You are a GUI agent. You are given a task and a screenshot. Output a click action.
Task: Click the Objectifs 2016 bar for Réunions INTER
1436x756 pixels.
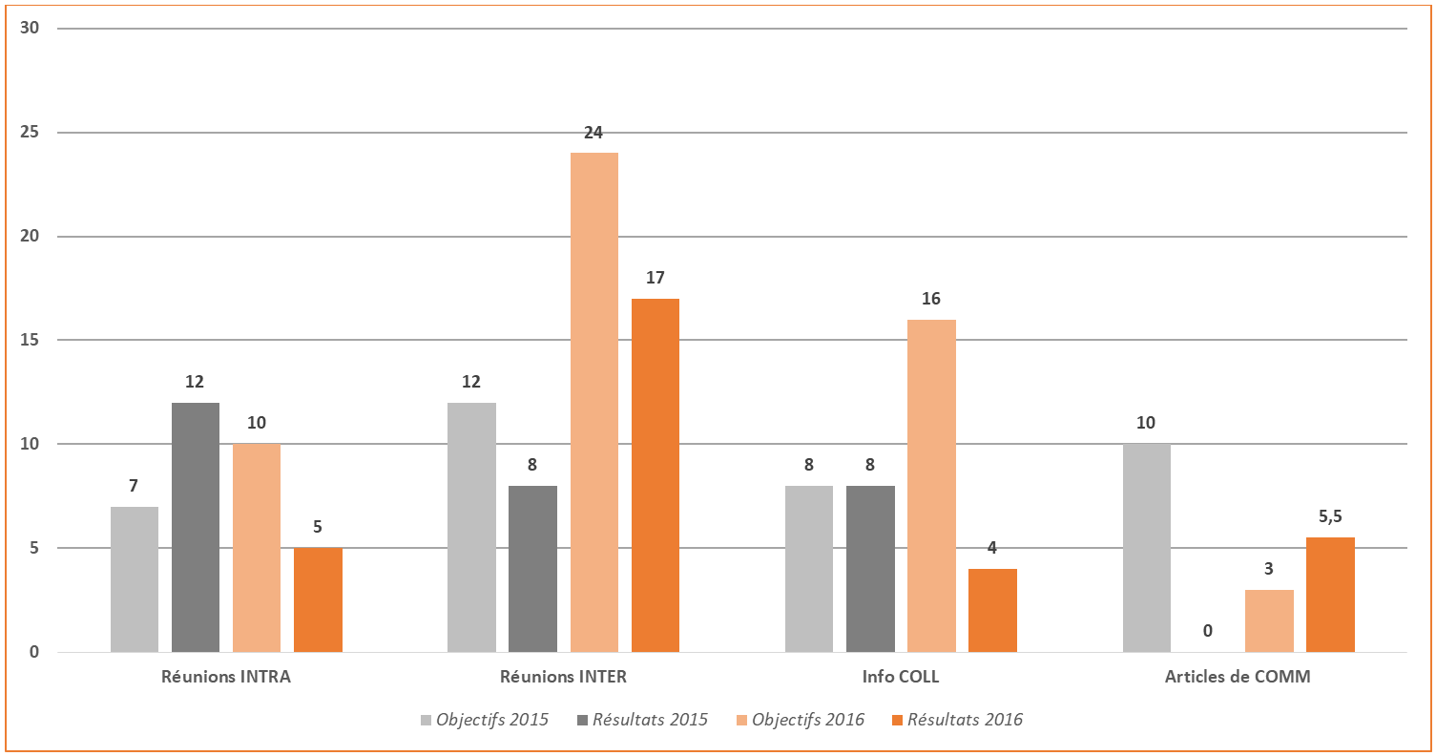pos(593,402)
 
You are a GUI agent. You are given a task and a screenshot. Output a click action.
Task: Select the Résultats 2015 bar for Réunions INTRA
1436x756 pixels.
pos(196,527)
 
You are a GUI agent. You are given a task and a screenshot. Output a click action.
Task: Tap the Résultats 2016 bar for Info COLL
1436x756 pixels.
pos(992,611)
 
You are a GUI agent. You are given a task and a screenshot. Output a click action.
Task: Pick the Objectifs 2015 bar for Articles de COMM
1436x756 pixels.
pos(1147,548)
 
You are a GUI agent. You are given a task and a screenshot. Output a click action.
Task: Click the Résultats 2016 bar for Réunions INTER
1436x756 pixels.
pos(655,475)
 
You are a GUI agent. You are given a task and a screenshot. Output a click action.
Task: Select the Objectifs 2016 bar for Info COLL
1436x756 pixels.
pos(931,486)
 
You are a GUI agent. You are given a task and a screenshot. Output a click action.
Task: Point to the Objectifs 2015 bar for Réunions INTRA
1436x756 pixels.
pos(135,579)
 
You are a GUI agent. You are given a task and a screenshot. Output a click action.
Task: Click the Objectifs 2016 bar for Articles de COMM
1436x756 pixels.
pos(1269,621)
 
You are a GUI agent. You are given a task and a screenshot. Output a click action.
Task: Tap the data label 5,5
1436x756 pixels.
pos(1330,516)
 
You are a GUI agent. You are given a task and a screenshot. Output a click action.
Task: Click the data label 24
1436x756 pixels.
pos(593,133)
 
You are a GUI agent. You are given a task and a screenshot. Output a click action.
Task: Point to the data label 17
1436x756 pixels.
pos(655,279)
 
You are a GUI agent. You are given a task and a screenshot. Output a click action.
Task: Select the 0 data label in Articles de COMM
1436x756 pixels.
pos(1208,631)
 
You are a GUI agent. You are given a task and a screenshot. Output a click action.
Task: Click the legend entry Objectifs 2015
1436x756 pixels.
pos(485,720)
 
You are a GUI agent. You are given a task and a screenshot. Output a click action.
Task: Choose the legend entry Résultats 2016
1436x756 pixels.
pos(956,720)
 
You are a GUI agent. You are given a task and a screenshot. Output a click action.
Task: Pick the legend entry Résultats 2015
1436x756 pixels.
pos(642,720)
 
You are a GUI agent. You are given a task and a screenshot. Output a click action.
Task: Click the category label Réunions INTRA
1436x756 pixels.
pos(226,678)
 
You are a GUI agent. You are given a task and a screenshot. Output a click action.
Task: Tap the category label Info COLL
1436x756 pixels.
pos(900,678)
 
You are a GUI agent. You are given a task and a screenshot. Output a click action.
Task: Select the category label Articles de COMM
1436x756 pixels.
pos(1238,678)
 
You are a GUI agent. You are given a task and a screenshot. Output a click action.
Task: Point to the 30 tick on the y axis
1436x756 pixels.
pos(30,29)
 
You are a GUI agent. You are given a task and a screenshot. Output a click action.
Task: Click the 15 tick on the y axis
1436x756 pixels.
pos(30,341)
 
